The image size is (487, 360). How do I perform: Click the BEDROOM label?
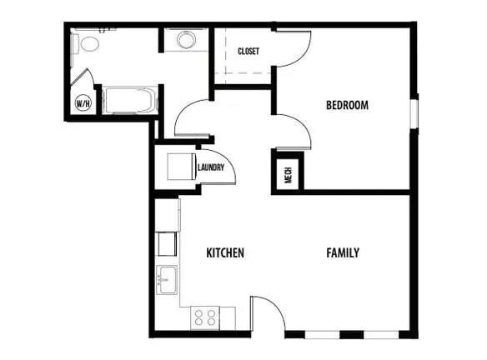click(347, 105)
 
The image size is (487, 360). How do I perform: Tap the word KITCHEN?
click(225, 252)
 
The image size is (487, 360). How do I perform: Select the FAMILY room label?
click(343, 252)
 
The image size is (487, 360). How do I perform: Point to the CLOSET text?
click(249, 51)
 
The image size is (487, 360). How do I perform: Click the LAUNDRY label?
click(211, 167)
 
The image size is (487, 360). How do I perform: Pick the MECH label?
click(289, 175)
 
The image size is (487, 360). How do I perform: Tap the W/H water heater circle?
click(83, 103)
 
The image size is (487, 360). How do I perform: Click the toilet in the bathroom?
click(85, 44)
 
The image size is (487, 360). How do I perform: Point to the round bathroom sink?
click(186, 40)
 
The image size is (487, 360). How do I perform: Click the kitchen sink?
click(167, 280)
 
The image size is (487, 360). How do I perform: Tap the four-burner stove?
click(205, 317)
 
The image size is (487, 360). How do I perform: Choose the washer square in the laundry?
click(182, 167)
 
